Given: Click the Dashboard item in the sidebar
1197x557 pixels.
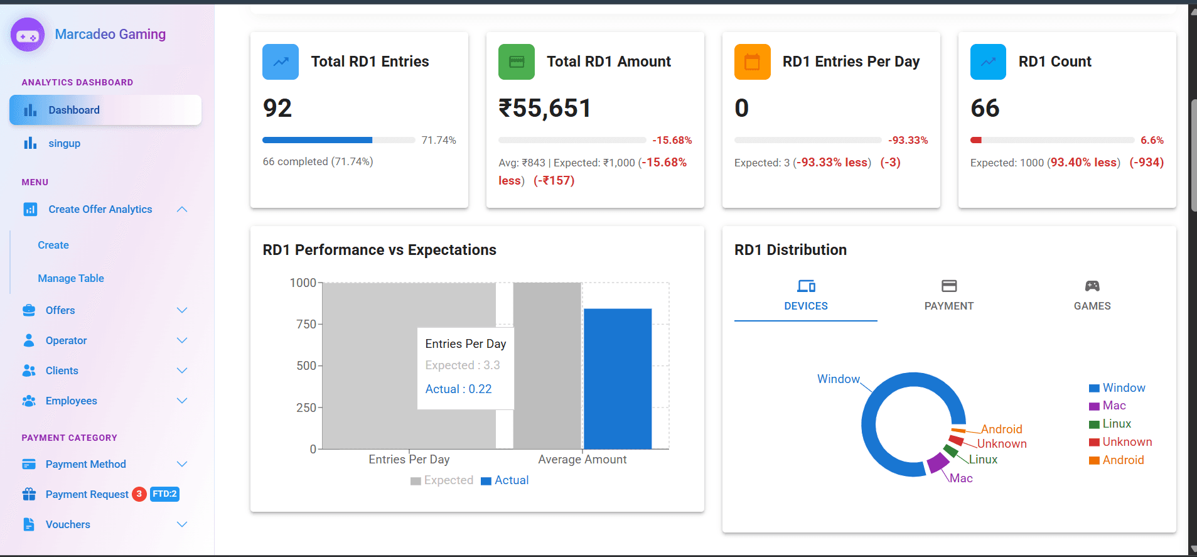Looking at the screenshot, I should coord(74,110).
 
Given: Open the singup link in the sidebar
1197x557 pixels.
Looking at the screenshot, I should coord(64,143).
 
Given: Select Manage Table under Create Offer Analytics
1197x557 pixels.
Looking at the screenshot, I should coord(71,278).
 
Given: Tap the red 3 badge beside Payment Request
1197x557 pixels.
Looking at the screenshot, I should coord(139,494).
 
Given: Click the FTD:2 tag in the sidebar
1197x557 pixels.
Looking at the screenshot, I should coord(164,494).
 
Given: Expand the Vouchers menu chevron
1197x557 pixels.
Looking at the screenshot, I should coord(182,524).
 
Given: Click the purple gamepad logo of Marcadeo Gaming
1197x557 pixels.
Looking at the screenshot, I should coord(28,35).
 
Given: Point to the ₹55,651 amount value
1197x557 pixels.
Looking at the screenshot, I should coord(545,108).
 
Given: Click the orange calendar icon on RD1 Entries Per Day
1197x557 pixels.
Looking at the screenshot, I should coord(752,62).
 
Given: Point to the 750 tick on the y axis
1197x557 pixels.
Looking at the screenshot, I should coord(306,324).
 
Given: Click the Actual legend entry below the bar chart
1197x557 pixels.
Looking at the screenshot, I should coord(505,480).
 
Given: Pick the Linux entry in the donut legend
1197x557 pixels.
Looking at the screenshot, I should coord(1117,424).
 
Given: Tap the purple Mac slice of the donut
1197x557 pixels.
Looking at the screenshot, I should coord(938,463).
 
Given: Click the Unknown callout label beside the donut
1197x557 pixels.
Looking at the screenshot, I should coord(1002,443).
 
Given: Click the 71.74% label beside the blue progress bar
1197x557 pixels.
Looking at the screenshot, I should coord(439,140).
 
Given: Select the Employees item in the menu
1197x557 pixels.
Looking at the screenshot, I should coord(71,401).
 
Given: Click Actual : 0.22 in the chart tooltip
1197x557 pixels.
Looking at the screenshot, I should coord(458,389).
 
